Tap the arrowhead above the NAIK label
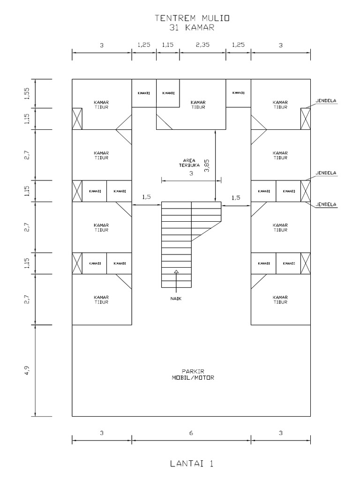click(176, 271)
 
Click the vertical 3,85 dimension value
click(207, 166)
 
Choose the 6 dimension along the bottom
click(191, 434)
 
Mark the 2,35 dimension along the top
click(202, 45)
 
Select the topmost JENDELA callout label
click(326, 100)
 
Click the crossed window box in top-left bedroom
click(77, 119)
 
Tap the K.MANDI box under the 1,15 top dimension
click(168, 93)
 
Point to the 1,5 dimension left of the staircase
click(146, 197)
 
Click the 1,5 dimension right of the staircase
click(236, 197)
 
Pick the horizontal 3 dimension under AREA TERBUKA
click(191, 173)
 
